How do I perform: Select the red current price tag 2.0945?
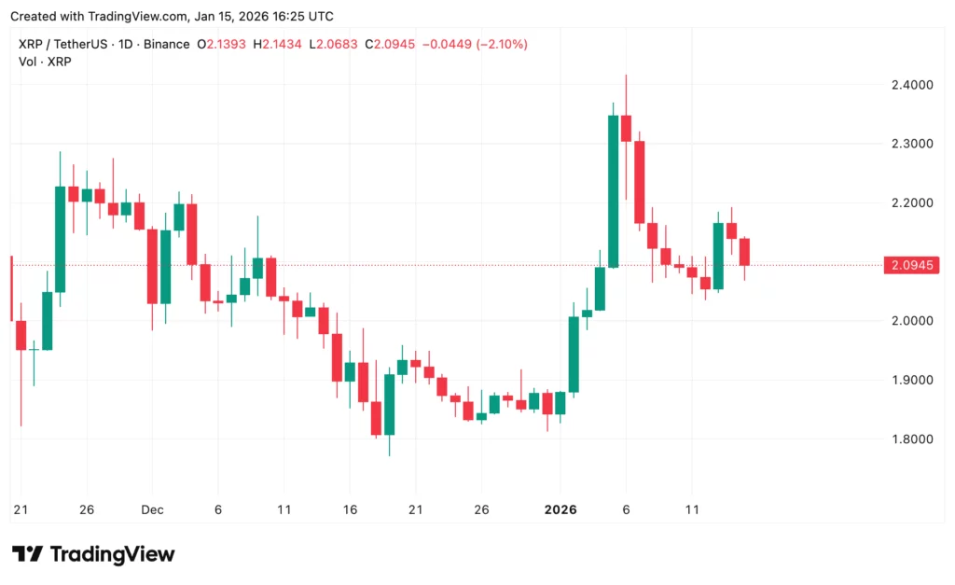tap(910, 265)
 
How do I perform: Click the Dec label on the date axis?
tap(152, 510)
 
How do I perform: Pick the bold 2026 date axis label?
tap(561, 510)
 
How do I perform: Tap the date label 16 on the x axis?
tap(350, 510)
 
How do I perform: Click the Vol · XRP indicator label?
tap(45, 62)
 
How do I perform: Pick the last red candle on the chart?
tap(744, 252)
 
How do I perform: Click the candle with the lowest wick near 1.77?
tap(389, 405)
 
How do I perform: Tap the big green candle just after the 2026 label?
tap(574, 355)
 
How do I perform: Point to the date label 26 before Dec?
tap(86, 510)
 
